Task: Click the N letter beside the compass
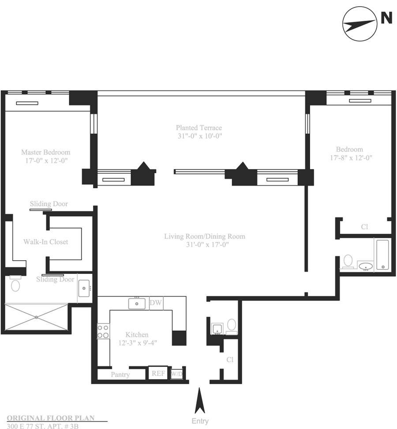point(386,18)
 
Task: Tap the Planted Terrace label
point(199,128)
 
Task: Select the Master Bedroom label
point(45,152)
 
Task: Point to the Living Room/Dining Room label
point(205,236)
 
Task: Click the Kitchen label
point(137,334)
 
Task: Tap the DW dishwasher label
point(156,303)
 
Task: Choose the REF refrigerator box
point(158,373)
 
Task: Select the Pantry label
point(120,375)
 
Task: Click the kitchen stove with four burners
point(103,331)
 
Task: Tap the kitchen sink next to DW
point(137,304)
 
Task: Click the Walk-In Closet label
point(45,242)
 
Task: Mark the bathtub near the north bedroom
point(382,255)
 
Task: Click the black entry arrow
point(200,401)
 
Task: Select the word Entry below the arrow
point(200,421)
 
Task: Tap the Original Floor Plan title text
point(51,418)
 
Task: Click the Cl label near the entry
point(230,360)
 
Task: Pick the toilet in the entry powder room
point(232,326)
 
